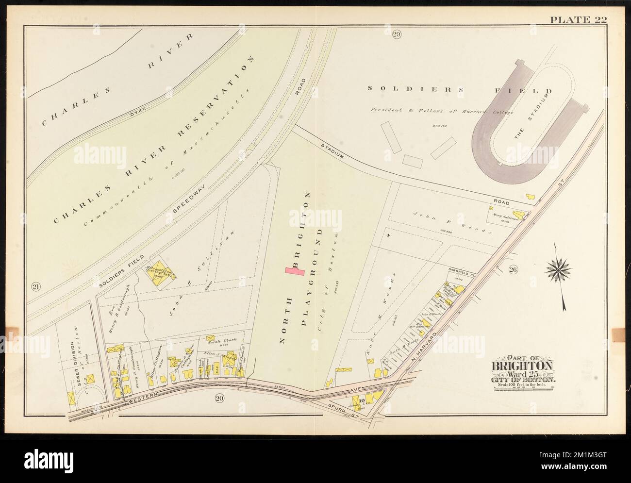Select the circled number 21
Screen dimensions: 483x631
pyautogui.click(x=36, y=287)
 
